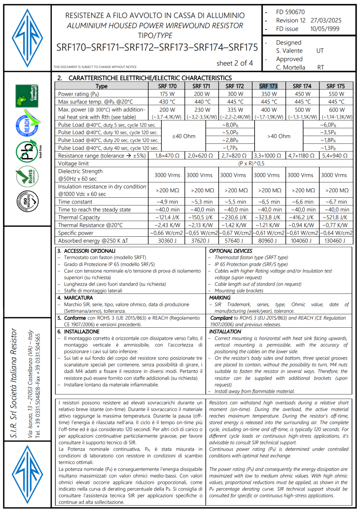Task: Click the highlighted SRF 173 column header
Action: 268,86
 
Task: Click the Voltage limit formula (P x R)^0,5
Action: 251,164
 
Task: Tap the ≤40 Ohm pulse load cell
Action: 184,136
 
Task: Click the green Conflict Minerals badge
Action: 27,96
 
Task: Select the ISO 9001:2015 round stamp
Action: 27,202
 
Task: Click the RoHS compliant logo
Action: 27,176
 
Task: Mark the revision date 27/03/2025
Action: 326,20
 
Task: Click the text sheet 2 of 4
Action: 234,63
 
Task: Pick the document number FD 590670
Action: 290,12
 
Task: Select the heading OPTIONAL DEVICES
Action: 231,251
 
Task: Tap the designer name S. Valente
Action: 289,51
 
